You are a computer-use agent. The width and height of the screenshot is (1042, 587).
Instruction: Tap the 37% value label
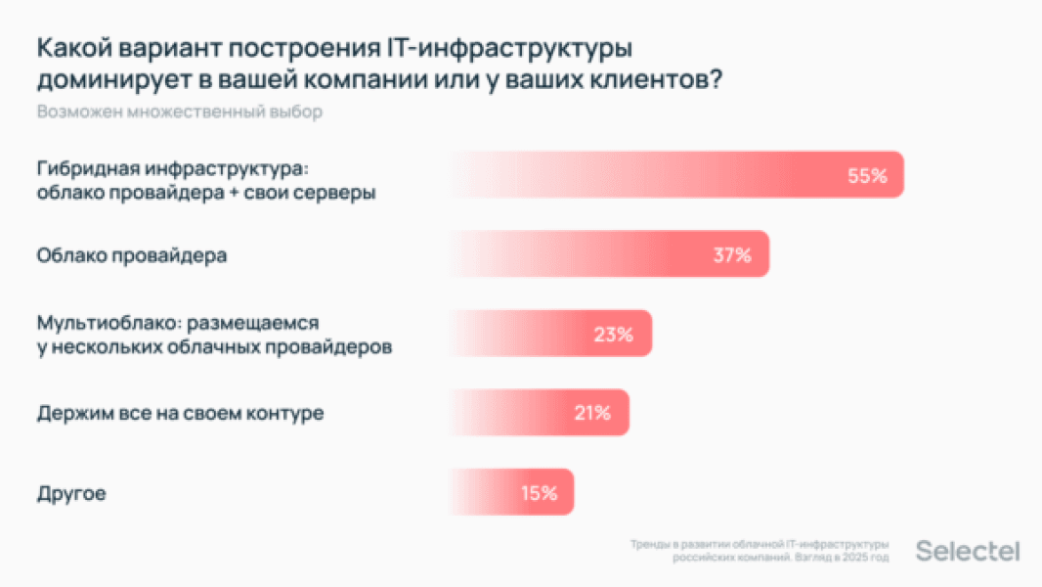point(732,255)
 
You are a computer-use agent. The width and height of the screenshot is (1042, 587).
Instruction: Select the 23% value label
point(613,335)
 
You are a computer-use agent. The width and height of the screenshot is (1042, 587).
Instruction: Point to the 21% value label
point(592,413)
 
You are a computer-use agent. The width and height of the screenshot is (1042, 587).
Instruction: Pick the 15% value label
point(539,493)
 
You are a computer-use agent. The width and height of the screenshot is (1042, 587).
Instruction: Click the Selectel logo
point(967,552)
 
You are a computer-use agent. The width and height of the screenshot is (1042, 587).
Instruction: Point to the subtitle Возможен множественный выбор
point(180,112)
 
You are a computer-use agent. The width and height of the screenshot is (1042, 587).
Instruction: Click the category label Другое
point(71,494)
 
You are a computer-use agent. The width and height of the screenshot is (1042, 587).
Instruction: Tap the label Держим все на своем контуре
point(180,413)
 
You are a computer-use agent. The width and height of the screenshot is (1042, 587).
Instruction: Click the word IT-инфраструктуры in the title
point(529,48)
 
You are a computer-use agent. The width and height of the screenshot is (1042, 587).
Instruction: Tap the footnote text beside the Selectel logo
point(760,551)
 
